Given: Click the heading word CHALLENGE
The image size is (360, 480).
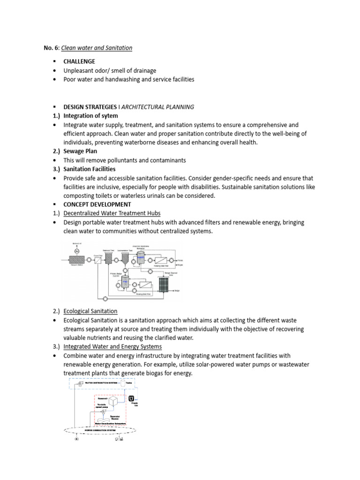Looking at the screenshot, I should coord(79,61).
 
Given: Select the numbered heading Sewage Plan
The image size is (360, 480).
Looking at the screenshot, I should coord(82,151).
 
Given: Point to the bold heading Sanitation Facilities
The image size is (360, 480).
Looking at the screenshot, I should coord(89,169).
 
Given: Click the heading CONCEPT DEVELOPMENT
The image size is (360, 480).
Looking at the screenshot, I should coord(97,204).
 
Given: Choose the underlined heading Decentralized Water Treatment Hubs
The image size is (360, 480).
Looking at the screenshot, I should coord(112,213).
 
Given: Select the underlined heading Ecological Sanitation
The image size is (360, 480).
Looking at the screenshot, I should coord(90,311).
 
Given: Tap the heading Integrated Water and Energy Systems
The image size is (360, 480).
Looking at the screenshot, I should coord(112,346).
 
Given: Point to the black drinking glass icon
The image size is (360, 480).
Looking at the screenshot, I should coord(131,398).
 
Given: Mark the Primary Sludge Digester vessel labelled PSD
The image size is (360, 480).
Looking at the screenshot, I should coord(125,281).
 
